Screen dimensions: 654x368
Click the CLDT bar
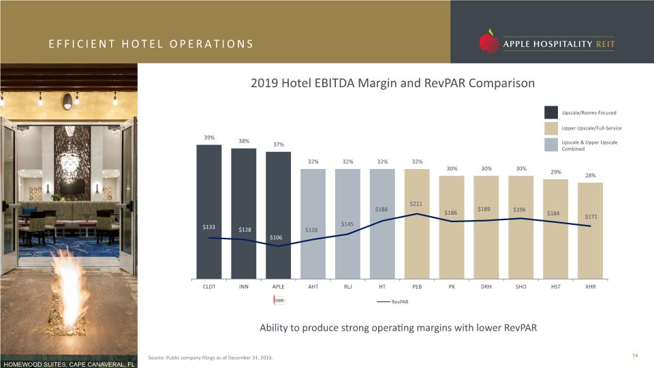[x=209, y=211]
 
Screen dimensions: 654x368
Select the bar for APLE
[x=278, y=215]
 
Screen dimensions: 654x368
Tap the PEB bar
[x=417, y=224]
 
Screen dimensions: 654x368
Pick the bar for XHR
[x=590, y=231]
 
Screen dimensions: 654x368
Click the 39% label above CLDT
[x=209, y=138]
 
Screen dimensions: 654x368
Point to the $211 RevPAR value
[x=416, y=204]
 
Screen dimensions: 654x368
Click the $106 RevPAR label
[x=276, y=237]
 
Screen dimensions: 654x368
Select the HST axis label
[x=556, y=287]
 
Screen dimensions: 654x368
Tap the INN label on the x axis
[x=244, y=287]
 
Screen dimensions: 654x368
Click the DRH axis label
[x=486, y=287]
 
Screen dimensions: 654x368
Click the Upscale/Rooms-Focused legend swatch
[x=551, y=112]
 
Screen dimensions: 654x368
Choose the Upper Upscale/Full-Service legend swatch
[x=551, y=128]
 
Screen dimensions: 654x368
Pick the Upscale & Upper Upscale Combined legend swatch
[x=551, y=144]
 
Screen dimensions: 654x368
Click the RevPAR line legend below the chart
[x=392, y=302]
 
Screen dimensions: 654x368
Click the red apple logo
[x=489, y=42]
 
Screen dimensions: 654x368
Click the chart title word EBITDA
[x=335, y=83]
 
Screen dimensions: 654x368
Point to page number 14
[x=635, y=356]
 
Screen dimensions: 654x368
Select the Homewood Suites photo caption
[x=69, y=364]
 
